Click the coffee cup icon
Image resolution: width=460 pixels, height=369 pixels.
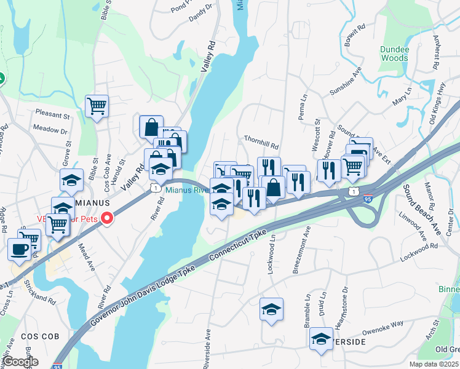(x=19, y=249)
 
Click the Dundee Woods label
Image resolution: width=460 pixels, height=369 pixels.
(x=394, y=54)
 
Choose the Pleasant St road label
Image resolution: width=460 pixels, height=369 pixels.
(x=52, y=115)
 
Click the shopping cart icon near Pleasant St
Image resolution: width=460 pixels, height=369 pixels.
(x=97, y=106)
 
